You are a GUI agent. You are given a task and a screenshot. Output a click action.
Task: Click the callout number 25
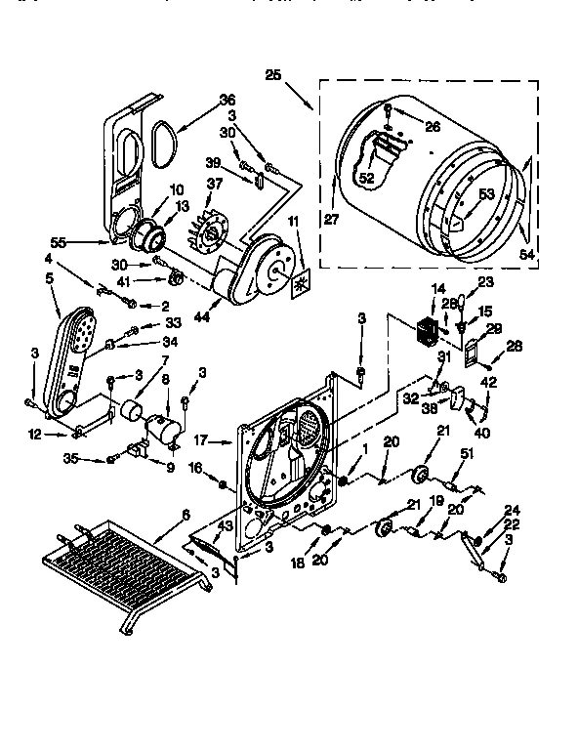click(272, 73)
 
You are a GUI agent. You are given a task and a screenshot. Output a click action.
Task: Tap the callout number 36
click(227, 99)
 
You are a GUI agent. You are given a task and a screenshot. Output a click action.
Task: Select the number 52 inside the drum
click(367, 178)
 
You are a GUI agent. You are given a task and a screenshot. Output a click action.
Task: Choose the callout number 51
click(466, 451)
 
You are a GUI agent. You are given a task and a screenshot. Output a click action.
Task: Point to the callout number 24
click(513, 510)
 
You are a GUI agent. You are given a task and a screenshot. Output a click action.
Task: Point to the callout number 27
click(331, 221)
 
